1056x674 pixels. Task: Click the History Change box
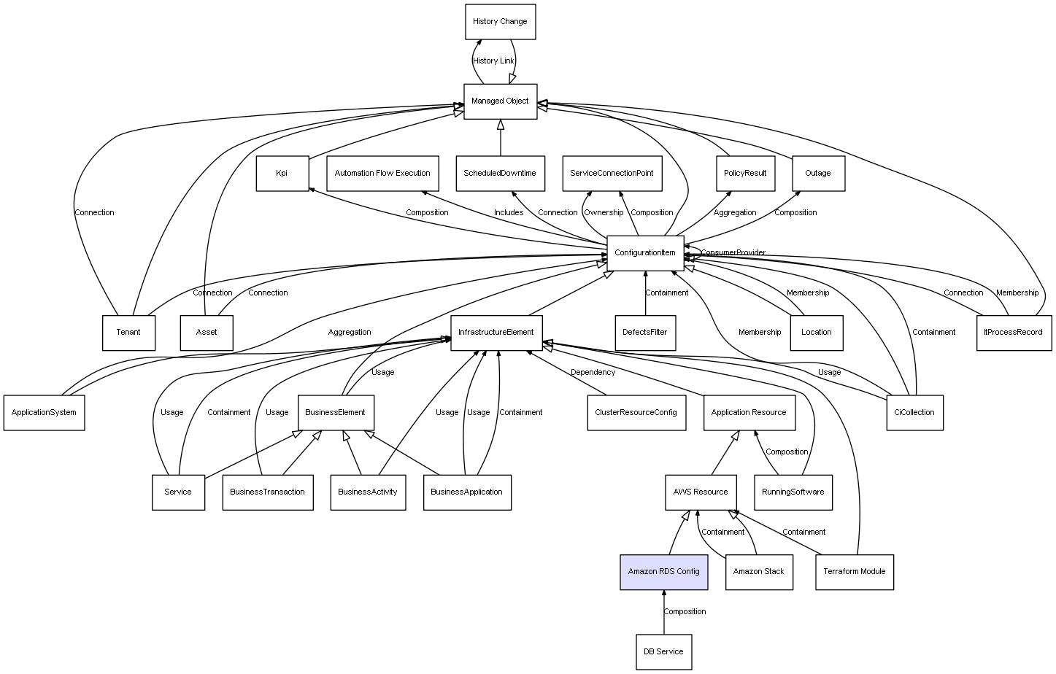coord(500,22)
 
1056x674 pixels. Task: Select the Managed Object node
coord(500,101)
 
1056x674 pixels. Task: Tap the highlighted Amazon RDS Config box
coord(663,571)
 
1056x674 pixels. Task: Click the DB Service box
coord(663,651)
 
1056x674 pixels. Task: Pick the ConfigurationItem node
coord(645,253)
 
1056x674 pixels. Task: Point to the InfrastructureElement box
coord(496,333)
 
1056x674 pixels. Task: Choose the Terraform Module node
coord(854,571)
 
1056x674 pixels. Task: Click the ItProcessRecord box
coord(1014,333)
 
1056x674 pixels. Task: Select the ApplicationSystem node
coord(44,413)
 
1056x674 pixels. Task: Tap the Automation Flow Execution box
coord(382,174)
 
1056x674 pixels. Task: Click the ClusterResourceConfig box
coord(636,413)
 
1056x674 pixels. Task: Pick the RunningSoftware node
coord(793,492)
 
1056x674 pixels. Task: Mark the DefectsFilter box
coord(644,333)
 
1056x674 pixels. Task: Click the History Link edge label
coord(493,61)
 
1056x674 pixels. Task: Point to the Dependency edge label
coord(593,373)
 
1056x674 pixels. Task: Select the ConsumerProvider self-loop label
coord(733,253)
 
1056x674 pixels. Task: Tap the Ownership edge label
coord(604,213)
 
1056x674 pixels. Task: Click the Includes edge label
coord(509,213)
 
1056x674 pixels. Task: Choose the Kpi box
coord(282,174)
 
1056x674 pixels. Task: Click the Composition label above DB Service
coord(685,612)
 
